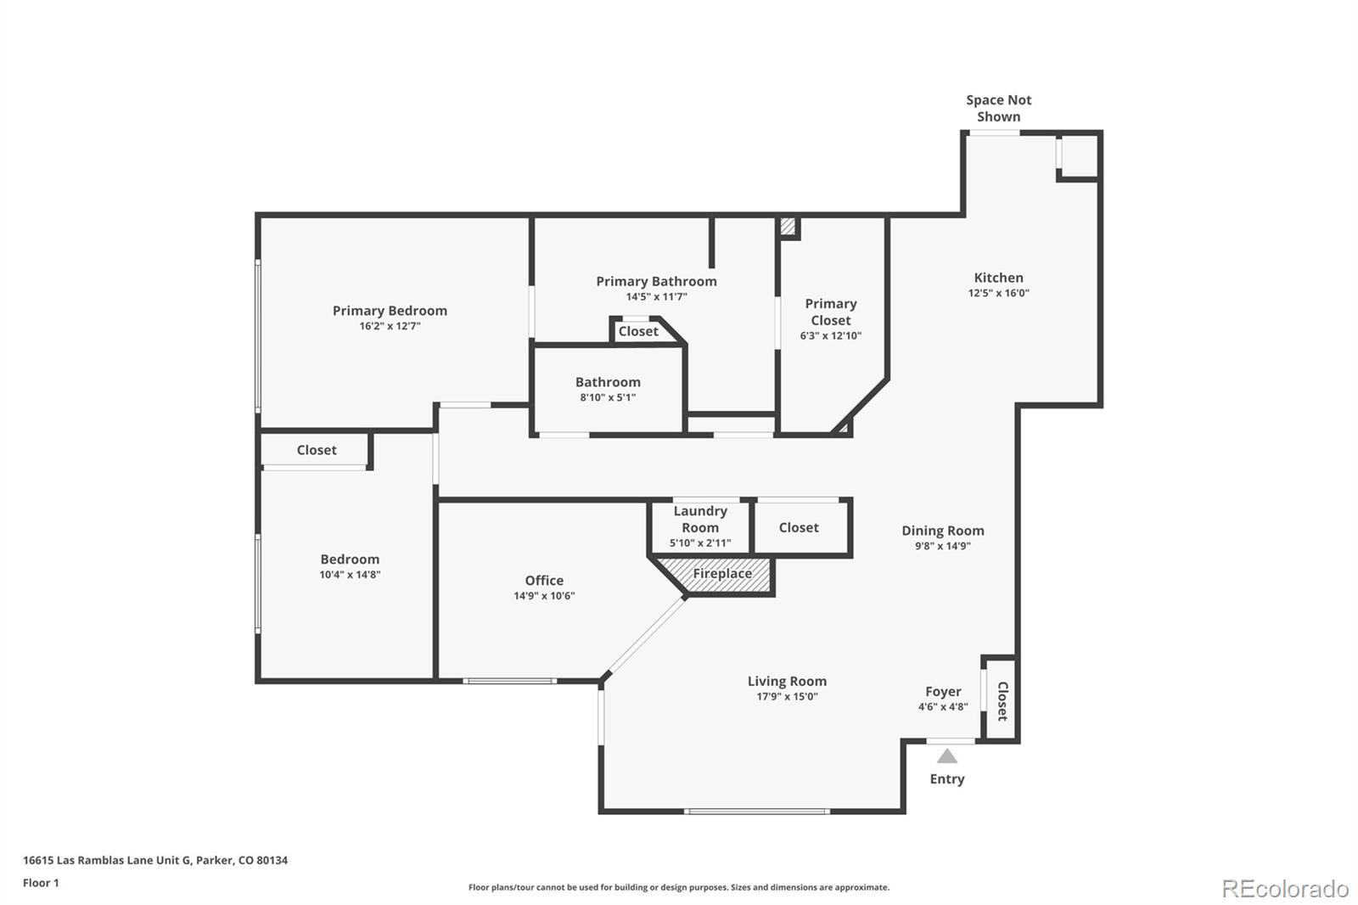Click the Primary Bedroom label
coord(390,311)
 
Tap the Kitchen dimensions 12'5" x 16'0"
coord(998,293)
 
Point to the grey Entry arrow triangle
coord(947,756)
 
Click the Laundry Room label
coord(700,519)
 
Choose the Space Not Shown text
coord(998,109)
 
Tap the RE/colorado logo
coord(1284,889)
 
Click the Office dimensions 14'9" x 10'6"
coord(544,596)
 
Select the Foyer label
coord(943,692)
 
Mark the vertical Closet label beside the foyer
coord(1002,701)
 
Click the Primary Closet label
coord(830,312)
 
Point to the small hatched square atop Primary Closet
coord(788,227)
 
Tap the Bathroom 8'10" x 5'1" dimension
coord(608,397)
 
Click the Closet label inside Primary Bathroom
coord(638,331)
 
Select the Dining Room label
coord(942,531)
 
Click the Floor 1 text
coord(41,883)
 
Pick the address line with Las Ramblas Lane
coord(155,860)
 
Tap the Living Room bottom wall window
coord(757,812)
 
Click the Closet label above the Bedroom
coord(317,450)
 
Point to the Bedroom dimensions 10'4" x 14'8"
coord(350,575)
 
